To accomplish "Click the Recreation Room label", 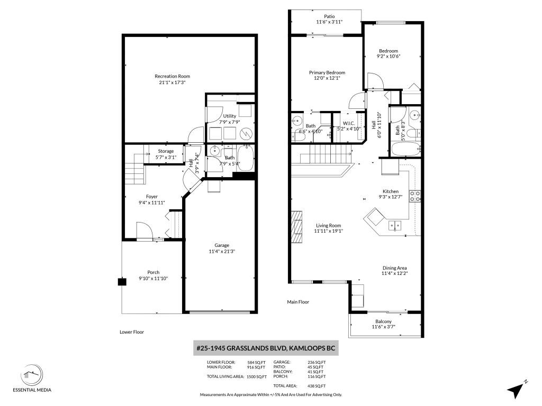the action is click(172, 76).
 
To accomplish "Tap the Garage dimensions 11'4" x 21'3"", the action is click(222, 251).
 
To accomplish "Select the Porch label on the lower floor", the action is click(153, 272).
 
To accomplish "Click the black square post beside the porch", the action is click(122, 282).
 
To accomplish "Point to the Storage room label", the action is click(166, 151).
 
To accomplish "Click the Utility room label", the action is click(230, 116).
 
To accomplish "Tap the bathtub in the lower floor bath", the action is click(246, 158).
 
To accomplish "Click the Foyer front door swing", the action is click(144, 230).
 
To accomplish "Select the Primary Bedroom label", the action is click(327, 72).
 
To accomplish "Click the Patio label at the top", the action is click(329, 16).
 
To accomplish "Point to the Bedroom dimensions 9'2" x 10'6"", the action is click(389, 56).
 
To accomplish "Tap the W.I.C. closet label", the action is click(348, 123).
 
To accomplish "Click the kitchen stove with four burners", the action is click(415, 196).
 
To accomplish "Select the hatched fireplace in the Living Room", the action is click(297, 227).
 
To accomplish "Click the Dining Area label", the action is click(394, 268).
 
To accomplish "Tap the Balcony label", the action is click(383, 321).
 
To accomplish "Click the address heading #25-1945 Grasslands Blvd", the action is click(266, 348).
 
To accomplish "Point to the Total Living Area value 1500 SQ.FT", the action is click(257, 376).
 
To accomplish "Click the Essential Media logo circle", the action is click(32, 375).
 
